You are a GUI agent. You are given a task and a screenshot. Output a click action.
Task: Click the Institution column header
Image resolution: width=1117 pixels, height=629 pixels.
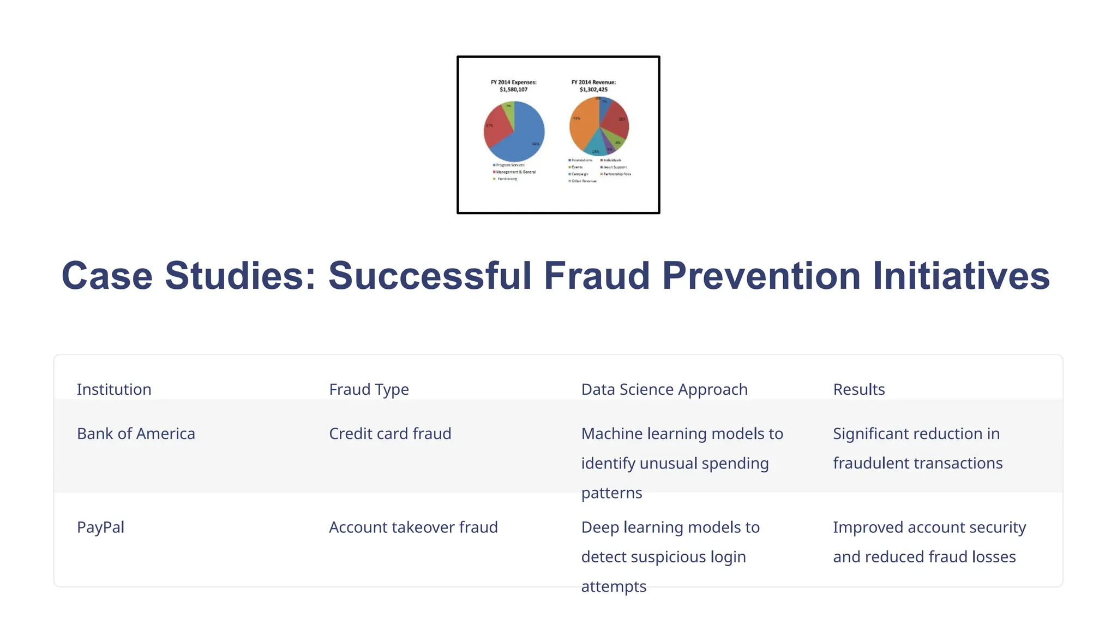[x=114, y=389]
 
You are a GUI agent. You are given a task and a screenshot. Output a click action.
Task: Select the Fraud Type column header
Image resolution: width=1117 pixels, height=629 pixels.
[x=369, y=389]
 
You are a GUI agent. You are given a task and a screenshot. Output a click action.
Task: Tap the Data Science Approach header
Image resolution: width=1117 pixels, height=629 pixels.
[x=664, y=389]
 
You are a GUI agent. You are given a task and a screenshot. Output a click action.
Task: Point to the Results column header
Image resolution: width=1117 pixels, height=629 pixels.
[x=858, y=389]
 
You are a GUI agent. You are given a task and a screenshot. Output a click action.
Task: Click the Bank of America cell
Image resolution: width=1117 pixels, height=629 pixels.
[x=136, y=434]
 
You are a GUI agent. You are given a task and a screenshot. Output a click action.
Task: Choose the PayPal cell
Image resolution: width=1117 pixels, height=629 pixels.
[x=100, y=527]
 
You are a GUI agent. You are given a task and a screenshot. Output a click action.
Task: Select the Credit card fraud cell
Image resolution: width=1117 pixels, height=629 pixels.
[x=390, y=434]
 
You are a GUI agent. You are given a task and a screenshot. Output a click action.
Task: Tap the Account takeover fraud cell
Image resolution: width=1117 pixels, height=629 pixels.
[x=413, y=527]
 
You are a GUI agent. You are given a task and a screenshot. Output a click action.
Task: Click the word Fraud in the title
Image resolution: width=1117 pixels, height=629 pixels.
[x=597, y=276]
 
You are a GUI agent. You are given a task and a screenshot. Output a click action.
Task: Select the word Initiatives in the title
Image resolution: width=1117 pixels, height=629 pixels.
[x=961, y=276]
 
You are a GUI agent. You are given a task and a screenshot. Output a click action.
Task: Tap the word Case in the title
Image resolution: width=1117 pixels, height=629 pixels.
[x=107, y=276]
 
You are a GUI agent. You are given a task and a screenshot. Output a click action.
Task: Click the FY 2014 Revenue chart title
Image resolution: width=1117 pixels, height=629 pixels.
[x=593, y=86]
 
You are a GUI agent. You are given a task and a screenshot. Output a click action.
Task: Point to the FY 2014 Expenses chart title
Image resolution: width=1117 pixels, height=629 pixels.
[x=513, y=86]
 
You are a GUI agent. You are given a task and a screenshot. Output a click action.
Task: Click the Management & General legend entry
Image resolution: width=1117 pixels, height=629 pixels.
[x=515, y=172]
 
